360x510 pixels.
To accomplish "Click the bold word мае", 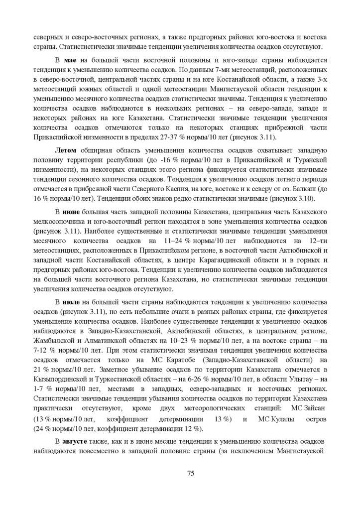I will coord(69,60).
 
